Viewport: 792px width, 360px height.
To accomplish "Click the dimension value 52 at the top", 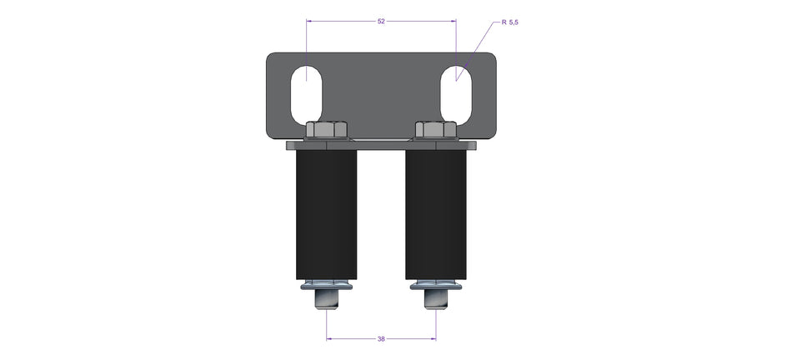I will (x=381, y=21).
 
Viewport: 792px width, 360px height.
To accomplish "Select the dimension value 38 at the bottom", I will (x=381, y=339).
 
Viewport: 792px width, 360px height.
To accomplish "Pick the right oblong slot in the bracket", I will (x=456, y=92).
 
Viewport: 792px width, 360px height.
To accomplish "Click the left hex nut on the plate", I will (x=327, y=130).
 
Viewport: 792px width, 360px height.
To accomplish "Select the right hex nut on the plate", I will (x=435, y=130).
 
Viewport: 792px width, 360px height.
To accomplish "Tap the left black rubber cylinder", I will (x=327, y=214).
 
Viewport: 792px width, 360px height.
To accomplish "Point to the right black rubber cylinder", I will (x=435, y=214).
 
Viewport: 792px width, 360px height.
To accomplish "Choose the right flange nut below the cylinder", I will (x=435, y=287).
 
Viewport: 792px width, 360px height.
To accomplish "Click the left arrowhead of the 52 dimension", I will (x=310, y=21).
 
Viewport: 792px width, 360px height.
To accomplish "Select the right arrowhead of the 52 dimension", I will (x=453, y=21).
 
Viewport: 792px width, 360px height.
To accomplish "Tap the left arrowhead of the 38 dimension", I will (x=329, y=339).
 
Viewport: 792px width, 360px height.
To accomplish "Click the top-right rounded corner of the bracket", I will (x=493, y=57).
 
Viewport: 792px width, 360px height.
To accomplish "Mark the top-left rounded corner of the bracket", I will (x=271, y=57).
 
